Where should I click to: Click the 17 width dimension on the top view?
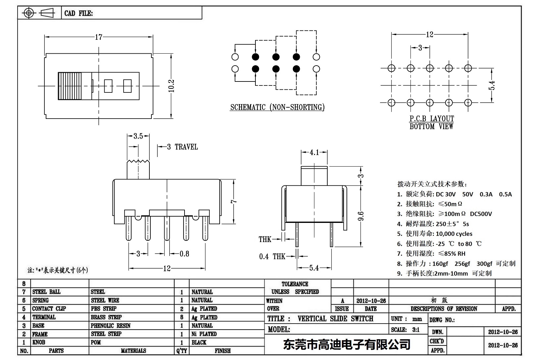point(99,37)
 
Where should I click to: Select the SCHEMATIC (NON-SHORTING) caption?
point(277,107)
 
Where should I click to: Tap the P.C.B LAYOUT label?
point(432,119)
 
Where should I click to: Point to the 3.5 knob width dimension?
point(138,136)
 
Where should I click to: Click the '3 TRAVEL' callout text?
point(182,147)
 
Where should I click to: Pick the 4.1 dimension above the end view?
point(314,152)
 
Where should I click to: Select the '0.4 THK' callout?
point(272,256)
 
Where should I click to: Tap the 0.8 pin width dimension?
point(184,254)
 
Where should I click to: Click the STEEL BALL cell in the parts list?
point(46,292)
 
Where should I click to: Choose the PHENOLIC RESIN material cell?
point(111,326)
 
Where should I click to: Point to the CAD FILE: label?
point(79,13)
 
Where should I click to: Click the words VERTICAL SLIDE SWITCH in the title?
point(335,319)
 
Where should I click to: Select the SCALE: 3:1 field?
point(405,330)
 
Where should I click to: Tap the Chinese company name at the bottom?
point(347,344)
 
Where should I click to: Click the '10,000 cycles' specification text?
point(454,234)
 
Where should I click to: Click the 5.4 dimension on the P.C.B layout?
point(493,85)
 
